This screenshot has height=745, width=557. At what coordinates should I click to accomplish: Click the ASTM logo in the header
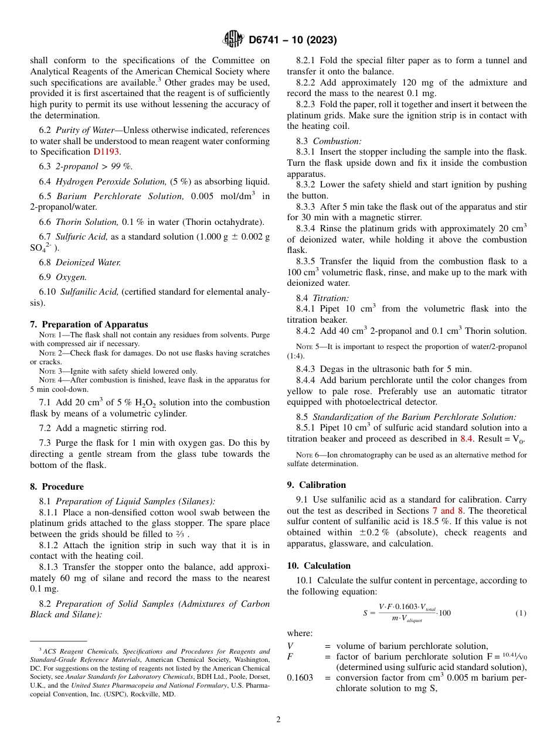click(233, 40)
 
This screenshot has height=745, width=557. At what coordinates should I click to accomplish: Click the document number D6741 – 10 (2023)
click(292, 40)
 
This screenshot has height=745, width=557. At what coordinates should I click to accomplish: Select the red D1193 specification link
click(107, 152)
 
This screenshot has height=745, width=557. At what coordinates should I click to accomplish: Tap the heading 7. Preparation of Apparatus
click(89, 324)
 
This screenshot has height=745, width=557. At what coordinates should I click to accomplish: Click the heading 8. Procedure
click(57, 487)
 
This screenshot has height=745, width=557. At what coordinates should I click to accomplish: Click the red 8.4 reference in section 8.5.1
click(466, 439)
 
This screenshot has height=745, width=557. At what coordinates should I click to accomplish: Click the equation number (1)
click(521, 613)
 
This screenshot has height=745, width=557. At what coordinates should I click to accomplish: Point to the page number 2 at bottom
click(278, 720)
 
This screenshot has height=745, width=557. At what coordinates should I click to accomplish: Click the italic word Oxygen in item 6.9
click(71, 276)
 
